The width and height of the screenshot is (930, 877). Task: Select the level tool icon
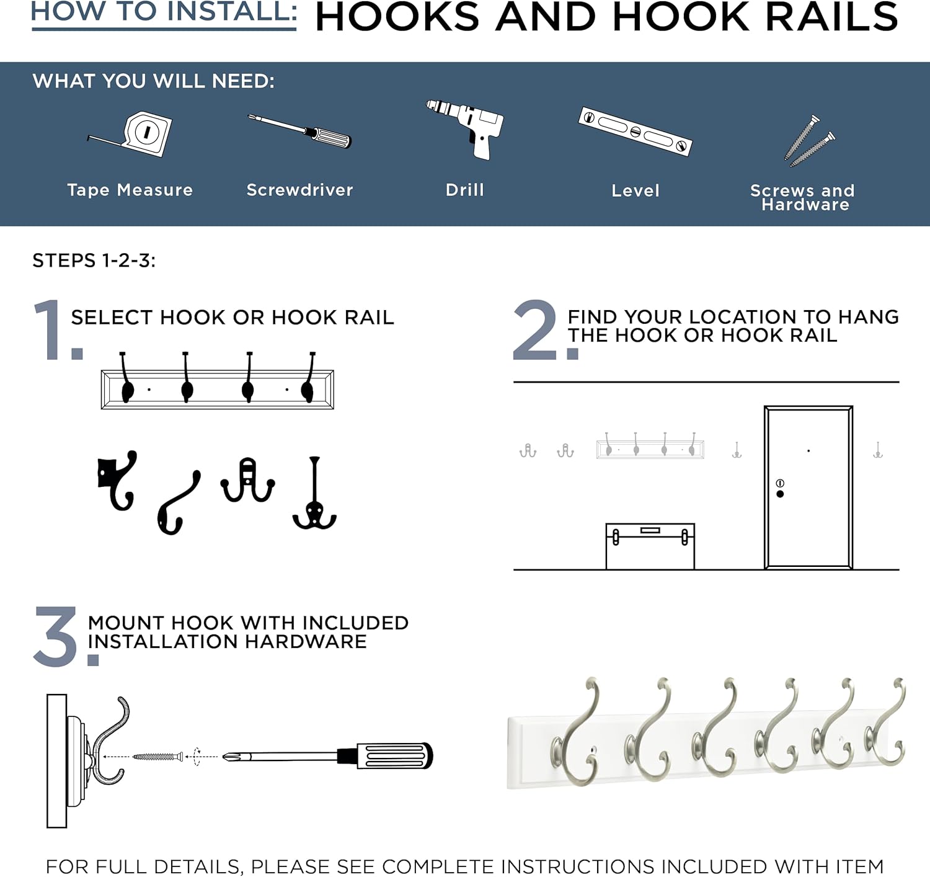click(635, 131)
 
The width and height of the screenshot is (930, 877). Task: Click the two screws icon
click(810, 141)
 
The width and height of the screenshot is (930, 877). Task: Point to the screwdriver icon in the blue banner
click(299, 131)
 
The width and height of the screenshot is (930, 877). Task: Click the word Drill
click(464, 190)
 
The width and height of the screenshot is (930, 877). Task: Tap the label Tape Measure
click(130, 190)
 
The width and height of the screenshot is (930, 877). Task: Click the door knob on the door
click(780, 494)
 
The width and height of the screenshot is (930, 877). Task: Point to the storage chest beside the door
click(650, 546)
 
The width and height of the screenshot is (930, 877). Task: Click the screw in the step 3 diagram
click(158, 756)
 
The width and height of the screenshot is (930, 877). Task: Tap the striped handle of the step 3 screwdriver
click(395, 755)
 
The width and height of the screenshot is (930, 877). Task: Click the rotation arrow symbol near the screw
click(197, 756)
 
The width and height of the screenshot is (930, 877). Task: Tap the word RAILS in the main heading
click(831, 17)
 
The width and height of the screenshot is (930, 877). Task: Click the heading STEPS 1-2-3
click(94, 260)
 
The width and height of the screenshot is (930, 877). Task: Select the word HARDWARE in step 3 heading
click(305, 641)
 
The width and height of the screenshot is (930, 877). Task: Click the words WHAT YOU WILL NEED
click(153, 81)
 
